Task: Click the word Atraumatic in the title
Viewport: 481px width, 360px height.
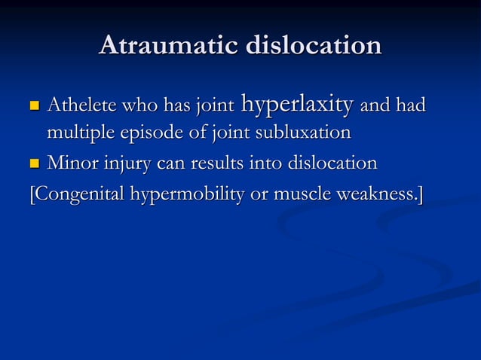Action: [165, 46]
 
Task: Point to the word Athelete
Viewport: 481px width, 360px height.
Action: [79, 106]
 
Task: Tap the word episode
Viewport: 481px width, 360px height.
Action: [147, 134]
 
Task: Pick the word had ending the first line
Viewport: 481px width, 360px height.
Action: [409, 106]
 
